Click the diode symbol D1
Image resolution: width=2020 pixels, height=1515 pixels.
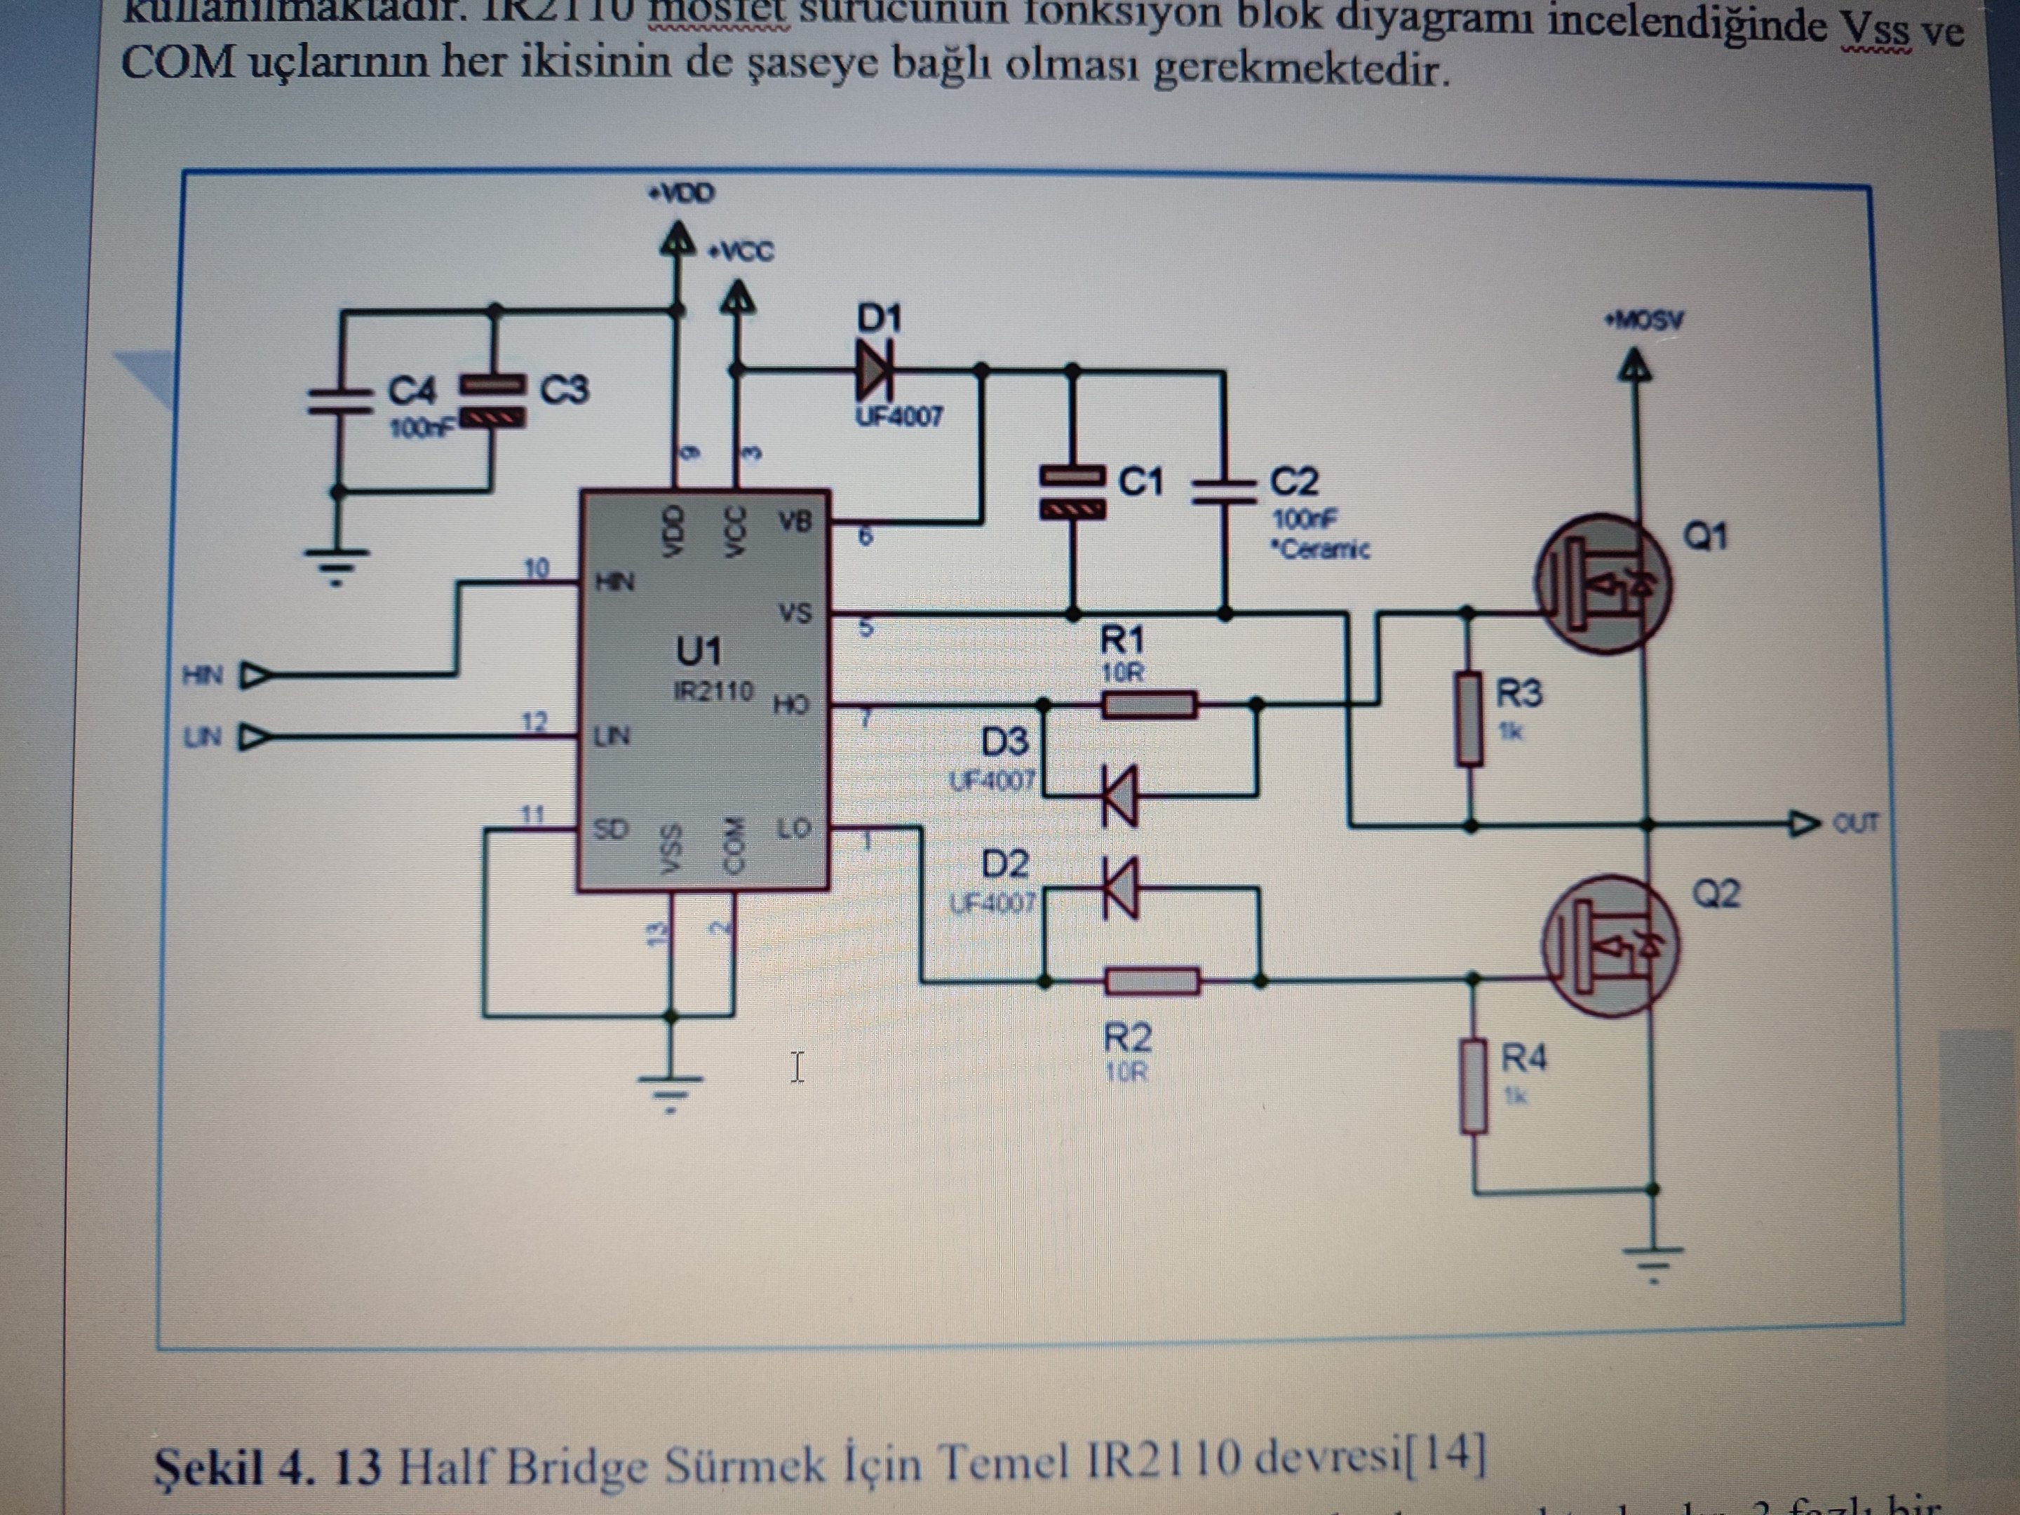tap(875, 370)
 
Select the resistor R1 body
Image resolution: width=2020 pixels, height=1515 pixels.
tap(1149, 705)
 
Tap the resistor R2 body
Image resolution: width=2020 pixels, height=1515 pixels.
tap(1152, 981)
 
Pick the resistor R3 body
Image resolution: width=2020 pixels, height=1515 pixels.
tap(1469, 718)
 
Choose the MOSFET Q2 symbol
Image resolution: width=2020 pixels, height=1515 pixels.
tap(1610, 947)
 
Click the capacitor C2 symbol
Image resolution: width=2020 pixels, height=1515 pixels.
tap(1224, 490)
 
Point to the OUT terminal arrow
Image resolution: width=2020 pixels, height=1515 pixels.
tap(1803, 825)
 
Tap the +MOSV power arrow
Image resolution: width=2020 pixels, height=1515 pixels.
tap(1635, 367)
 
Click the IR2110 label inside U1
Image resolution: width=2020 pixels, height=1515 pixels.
tap(713, 690)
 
